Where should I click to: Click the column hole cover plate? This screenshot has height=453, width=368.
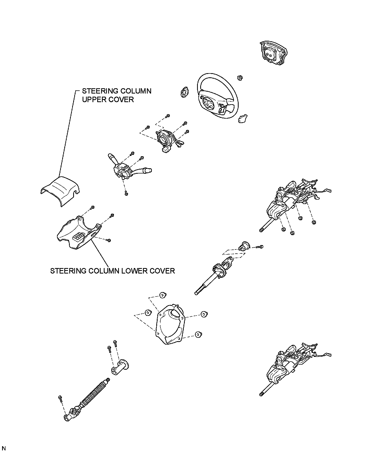[170, 324]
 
